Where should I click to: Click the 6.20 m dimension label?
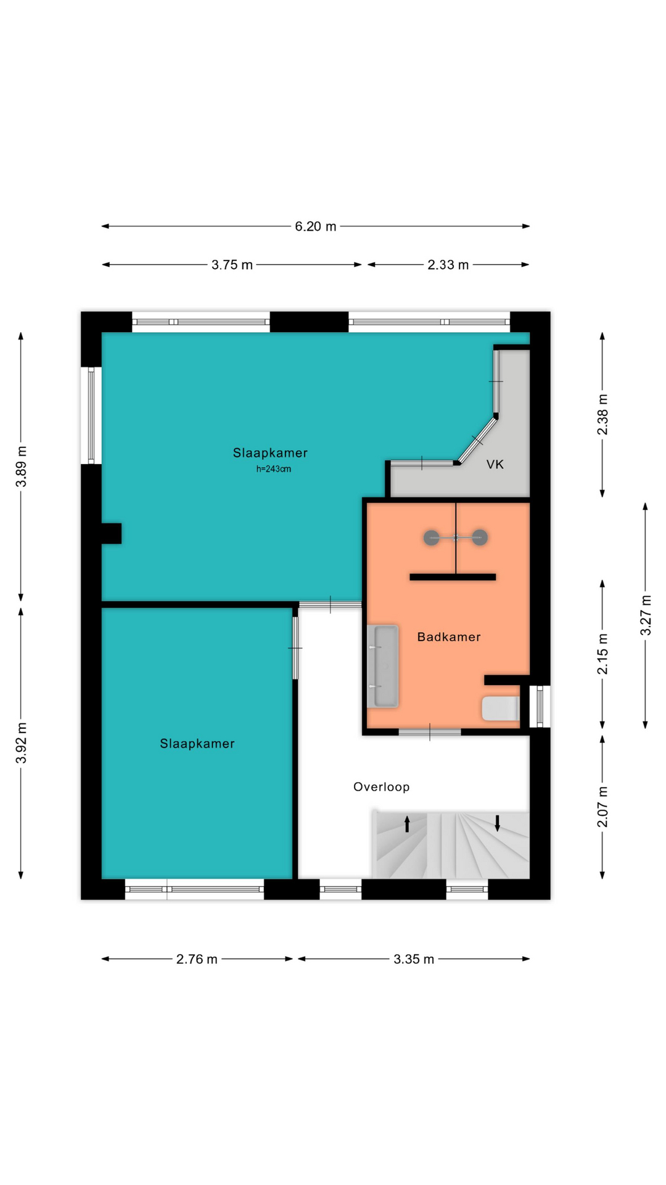[x=316, y=227]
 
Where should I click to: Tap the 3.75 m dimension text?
[x=232, y=265]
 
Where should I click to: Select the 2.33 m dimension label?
[x=448, y=265]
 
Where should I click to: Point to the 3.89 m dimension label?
[x=22, y=467]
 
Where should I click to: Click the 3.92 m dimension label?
[x=22, y=742]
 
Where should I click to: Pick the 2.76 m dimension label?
[x=197, y=959]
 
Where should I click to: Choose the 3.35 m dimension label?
[x=414, y=959]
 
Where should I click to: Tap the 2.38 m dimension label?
[x=602, y=414]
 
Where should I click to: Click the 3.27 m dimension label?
[x=646, y=615]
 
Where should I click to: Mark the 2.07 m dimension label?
[x=602, y=807]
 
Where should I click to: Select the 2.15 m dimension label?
[x=602, y=654]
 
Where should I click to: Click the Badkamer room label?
[x=449, y=637]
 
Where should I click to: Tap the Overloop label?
[x=381, y=787]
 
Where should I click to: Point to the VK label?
[x=495, y=464]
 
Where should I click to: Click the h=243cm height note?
[x=274, y=469]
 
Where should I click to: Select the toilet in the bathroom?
[x=500, y=709]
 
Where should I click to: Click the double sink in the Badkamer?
[x=383, y=666]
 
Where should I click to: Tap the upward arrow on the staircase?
[x=407, y=824]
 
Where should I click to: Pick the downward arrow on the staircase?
[x=498, y=823]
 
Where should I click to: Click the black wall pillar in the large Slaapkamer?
[x=112, y=533]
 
